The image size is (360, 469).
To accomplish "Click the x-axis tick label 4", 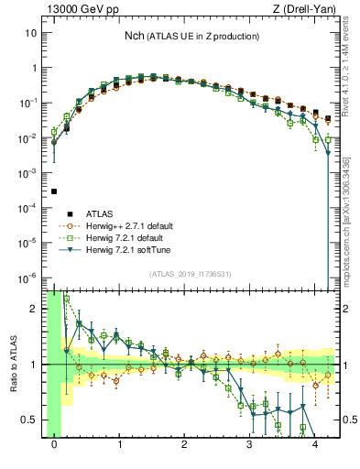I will pos(315,444).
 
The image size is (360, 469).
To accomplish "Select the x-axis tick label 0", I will pos(54,444).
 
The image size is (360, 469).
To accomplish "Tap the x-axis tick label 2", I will pos(185,444).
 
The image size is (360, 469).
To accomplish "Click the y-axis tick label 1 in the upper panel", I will pos(35,68).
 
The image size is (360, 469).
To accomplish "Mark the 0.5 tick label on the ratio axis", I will pos(30,420).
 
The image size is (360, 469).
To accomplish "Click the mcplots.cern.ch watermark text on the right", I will pos(351,220).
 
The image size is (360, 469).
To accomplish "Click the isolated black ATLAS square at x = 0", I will pos(54,191).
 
